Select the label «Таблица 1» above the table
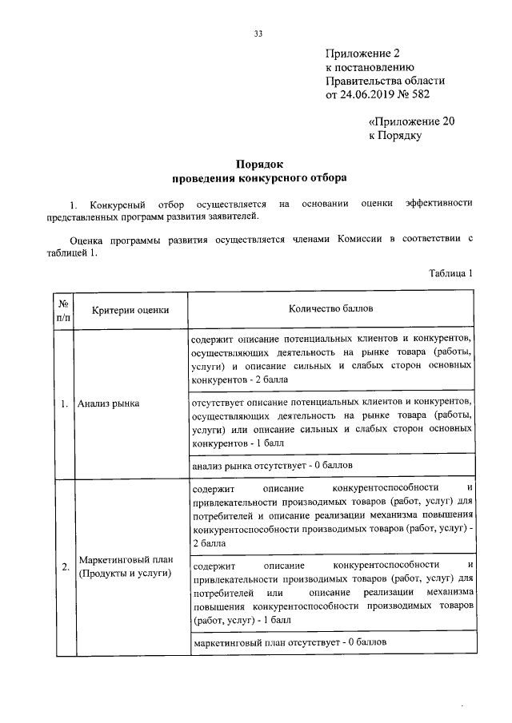pos(451,272)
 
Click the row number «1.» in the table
pos(64,403)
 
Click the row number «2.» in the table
pos(64,567)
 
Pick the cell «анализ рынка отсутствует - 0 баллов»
pos(273,464)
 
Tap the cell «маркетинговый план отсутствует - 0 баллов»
pos(290,642)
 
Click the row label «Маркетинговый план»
pos(126,560)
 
